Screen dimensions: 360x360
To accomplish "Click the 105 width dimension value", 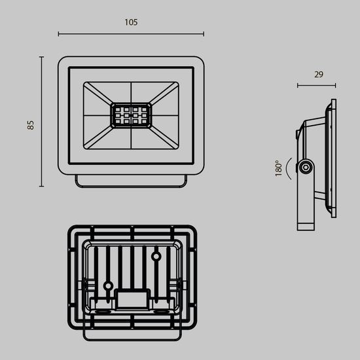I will coord(131,22).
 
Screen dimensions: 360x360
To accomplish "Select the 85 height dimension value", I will coord(30,124).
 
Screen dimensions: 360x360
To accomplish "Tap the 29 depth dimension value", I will coord(318,75).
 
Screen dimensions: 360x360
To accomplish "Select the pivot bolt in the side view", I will coord(305,168).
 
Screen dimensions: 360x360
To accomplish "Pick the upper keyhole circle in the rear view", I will coord(157,255).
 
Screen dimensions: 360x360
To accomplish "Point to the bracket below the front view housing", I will coord(131,181).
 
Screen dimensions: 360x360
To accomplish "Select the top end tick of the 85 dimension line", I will coord(42,57).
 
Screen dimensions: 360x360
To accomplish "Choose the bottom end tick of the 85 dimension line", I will coord(42,187).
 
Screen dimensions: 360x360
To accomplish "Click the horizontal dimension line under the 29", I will coord(317,85).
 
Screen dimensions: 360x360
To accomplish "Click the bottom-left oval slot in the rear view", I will coord(101,314).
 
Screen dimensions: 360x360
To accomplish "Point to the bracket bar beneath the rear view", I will coord(131,337).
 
